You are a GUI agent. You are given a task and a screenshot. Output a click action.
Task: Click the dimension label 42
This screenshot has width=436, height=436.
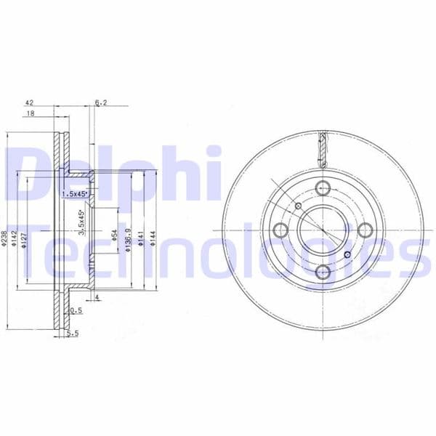30,103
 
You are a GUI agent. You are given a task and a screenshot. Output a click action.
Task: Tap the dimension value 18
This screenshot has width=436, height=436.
30,114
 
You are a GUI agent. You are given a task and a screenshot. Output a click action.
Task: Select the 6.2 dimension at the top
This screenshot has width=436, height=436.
101,103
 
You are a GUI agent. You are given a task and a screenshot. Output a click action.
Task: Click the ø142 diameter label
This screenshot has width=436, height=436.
15,238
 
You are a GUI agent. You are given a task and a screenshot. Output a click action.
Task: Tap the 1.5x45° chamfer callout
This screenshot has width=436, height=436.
74,194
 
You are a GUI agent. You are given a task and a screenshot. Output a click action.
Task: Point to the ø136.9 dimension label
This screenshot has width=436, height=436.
128,238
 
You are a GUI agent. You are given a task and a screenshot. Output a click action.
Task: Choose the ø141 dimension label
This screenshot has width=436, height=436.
141,238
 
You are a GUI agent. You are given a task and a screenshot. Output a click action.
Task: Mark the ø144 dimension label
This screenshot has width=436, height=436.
153,238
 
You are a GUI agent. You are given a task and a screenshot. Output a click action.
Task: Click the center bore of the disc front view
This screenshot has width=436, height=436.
320,230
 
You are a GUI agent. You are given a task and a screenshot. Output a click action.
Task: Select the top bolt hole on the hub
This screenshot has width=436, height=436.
321,186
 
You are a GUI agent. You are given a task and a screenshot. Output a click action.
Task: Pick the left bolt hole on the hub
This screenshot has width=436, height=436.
280,230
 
